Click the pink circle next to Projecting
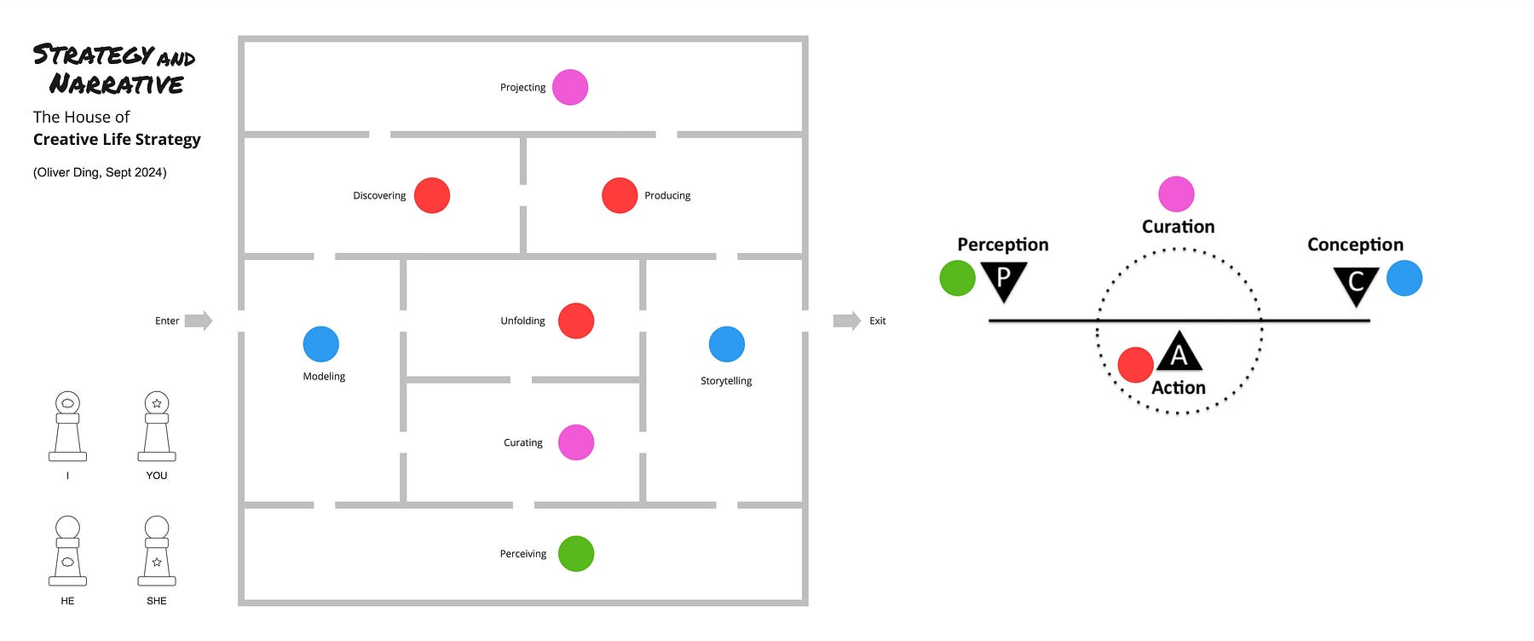coord(570,87)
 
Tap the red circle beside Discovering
coord(432,195)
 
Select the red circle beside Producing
coord(620,195)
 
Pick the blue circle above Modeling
coord(321,344)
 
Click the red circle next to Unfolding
coord(576,320)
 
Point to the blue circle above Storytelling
coord(727,344)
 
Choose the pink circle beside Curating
coord(576,442)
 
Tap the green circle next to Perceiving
coord(576,554)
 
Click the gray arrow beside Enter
coord(199,320)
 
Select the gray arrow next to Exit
coord(847,320)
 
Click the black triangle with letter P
coord(1003,279)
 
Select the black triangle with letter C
coord(1356,283)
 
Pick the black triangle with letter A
coord(1179,352)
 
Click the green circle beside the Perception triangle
coord(957,279)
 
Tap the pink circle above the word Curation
coord(1176,194)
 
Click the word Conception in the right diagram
coord(1355,245)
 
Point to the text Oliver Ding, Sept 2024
coord(100,172)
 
